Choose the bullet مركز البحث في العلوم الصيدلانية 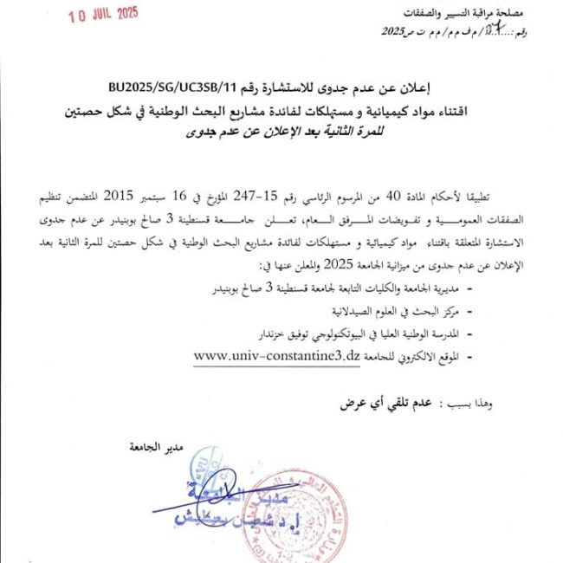(x=391, y=308)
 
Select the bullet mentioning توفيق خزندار (x=359, y=333)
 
